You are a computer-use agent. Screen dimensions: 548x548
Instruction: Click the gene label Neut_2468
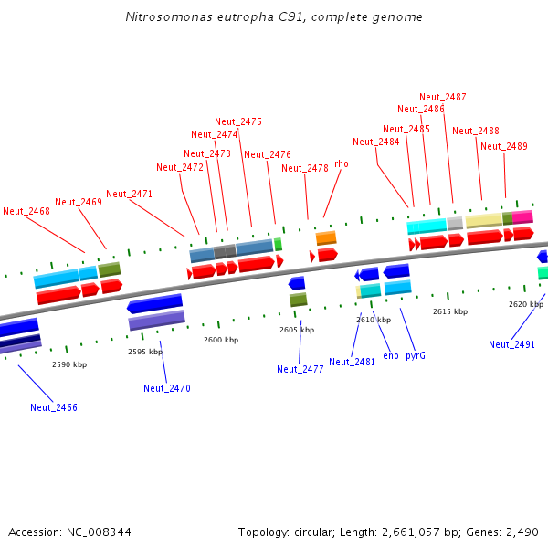[x=26, y=211]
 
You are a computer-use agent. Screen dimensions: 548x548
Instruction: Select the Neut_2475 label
[x=238, y=121]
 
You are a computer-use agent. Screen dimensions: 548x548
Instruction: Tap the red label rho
[x=342, y=163]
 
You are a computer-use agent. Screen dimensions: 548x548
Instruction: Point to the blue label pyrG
[x=416, y=355]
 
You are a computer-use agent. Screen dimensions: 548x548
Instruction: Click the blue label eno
[x=391, y=355]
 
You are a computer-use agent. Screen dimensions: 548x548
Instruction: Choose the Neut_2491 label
[x=511, y=344]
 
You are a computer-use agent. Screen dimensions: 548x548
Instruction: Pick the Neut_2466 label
[x=54, y=407]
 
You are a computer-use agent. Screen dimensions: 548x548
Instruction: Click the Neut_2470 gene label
[x=167, y=388]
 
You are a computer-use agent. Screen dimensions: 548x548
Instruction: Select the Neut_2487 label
[x=443, y=97]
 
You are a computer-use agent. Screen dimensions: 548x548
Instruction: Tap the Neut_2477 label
[x=300, y=369]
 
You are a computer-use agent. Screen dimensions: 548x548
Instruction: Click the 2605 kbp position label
[x=297, y=330]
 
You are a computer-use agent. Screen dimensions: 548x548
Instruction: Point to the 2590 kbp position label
[x=69, y=364]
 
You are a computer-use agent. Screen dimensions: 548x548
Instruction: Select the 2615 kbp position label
[x=450, y=311]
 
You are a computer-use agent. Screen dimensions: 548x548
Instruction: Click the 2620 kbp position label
[x=526, y=304]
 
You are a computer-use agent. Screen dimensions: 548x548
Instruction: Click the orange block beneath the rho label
[x=326, y=238]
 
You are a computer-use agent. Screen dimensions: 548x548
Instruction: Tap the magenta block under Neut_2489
[x=522, y=216]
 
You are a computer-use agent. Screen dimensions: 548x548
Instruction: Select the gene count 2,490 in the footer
[x=521, y=532]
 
